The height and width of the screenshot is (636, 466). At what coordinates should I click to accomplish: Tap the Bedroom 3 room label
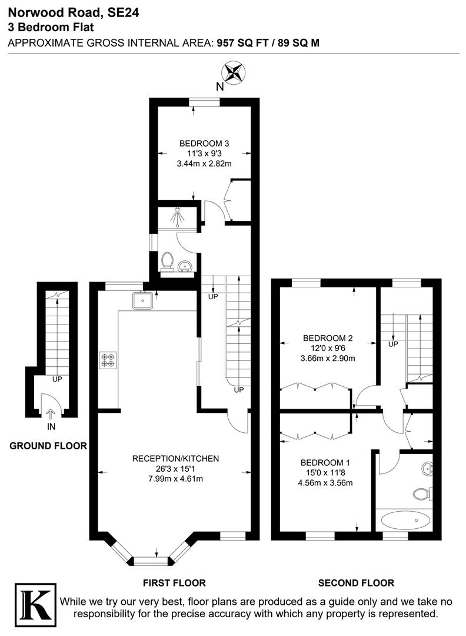coord(204,143)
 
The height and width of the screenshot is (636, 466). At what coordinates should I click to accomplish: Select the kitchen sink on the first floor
coord(143,301)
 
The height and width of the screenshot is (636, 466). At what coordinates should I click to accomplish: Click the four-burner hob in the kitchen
coord(108,360)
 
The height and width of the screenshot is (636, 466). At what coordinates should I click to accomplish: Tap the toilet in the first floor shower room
coord(167,261)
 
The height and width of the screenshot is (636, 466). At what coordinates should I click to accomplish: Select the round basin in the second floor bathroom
coord(428,469)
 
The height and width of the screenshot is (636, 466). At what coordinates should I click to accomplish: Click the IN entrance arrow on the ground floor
coord(51,415)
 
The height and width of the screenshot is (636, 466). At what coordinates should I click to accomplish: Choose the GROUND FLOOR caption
coord(48,446)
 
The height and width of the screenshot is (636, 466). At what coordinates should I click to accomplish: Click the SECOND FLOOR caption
coord(356,583)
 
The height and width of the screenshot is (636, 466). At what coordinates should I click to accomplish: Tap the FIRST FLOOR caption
coord(175,583)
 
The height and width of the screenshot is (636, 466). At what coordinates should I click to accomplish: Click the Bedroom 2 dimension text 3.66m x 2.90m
coord(328,358)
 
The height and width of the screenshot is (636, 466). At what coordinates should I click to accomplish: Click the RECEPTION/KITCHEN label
coord(175,458)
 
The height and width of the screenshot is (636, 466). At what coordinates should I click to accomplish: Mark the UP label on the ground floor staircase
coord(58,379)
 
